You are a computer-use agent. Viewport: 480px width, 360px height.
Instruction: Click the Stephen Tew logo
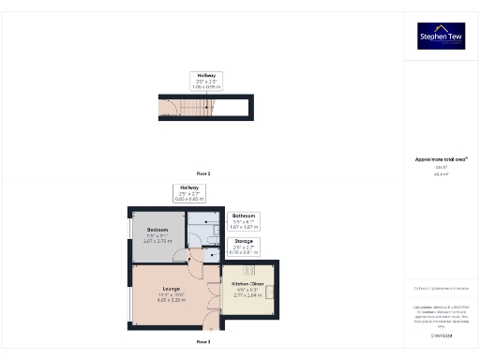tap(442, 36)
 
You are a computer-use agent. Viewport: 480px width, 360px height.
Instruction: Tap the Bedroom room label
tap(157, 230)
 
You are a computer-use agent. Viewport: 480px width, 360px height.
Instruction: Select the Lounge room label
tap(171, 288)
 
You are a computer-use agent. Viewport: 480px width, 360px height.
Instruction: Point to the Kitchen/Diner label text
tap(247, 281)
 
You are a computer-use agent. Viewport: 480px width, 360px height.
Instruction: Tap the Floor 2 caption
tap(203, 173)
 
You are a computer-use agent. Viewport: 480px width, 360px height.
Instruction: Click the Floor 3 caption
tap(203, 342)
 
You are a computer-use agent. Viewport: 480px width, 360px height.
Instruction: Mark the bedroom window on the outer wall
tap(131, 229)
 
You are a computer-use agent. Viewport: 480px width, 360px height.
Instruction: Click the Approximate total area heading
tap(441, 159)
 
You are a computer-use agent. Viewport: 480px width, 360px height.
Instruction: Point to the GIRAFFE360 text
tap(442, 335)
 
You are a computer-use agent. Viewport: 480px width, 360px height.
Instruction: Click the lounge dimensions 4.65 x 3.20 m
tap(171, 300)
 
